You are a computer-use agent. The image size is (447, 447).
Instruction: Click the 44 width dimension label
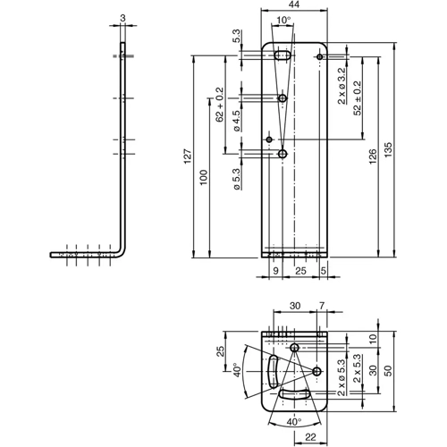295,5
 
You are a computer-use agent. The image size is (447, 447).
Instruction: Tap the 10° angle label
283,20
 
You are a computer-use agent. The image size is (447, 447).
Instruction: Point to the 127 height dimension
188,154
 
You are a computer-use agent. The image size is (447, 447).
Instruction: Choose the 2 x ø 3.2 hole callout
342,85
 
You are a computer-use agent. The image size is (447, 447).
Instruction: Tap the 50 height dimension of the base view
387,371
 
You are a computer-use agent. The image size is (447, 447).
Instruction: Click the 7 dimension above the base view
323,306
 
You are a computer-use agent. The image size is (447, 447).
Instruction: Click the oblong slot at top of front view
281,56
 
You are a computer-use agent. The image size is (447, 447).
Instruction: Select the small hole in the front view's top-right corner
319,57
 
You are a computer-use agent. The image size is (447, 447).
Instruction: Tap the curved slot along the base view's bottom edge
294,393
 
